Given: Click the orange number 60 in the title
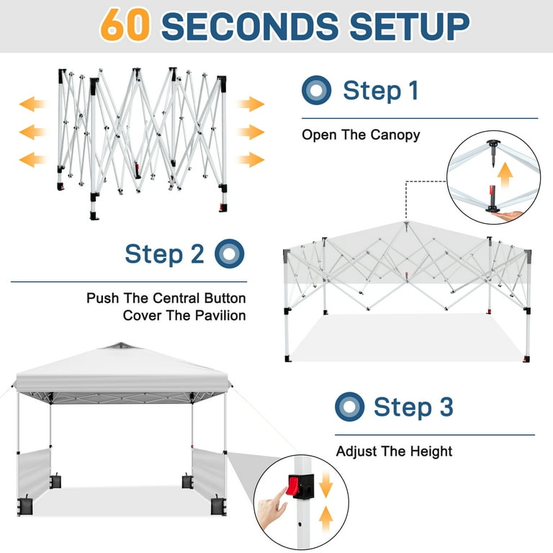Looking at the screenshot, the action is click(x=125, y=25).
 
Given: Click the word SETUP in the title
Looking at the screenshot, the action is click(x=409, y=26).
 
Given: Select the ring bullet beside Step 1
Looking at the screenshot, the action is click(x=316, y=90).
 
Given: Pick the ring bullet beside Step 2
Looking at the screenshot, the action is click(x=229, y=253).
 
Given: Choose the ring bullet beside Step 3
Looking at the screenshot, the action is click(x=349, y=407).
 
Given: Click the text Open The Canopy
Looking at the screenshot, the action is click(x=361, y=135).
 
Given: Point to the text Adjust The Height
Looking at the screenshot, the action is click(x=394, y=451).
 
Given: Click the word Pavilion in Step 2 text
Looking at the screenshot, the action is click(x=220, y=315).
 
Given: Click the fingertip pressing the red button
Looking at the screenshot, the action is click(x=282, y=492).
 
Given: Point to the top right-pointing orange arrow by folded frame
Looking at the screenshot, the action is click(x=251, y=104).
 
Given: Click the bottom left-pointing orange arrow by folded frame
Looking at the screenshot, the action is click(x=32, y=159).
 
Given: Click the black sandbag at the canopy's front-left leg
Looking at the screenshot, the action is click(x=25, y=505).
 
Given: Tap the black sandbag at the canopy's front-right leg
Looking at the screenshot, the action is click(x=218, y=505).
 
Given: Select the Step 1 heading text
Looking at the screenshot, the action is click(x=381, y=90).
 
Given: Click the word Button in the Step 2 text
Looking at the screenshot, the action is click(x=225, y=298).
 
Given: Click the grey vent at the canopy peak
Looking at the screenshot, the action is click(x=120, y=346).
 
